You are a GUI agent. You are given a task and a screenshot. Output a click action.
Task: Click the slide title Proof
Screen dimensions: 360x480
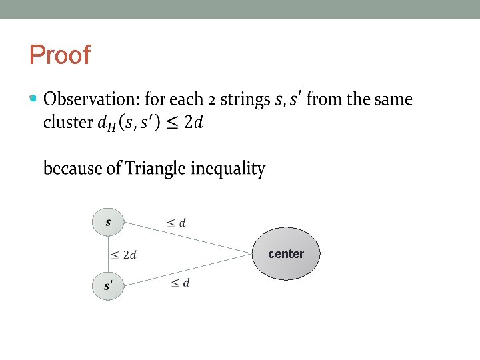59,55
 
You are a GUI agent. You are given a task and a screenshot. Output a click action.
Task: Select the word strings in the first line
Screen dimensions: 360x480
245,100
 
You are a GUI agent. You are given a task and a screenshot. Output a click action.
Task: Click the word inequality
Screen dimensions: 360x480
228,169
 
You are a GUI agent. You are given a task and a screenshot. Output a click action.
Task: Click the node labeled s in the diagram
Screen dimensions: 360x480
108,222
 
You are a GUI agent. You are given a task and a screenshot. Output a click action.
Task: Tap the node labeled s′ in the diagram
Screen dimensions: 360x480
108,285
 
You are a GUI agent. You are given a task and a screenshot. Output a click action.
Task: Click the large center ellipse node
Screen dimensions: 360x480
286,253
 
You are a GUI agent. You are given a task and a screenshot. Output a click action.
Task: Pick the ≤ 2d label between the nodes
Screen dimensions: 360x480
124,254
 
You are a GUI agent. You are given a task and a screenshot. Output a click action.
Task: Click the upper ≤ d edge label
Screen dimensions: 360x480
177,223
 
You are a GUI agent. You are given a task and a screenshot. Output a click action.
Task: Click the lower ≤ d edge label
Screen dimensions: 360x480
180,283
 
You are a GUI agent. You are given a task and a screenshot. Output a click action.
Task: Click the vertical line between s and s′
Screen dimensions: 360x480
108,254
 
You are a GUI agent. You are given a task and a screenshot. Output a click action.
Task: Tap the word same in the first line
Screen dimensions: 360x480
393,100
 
